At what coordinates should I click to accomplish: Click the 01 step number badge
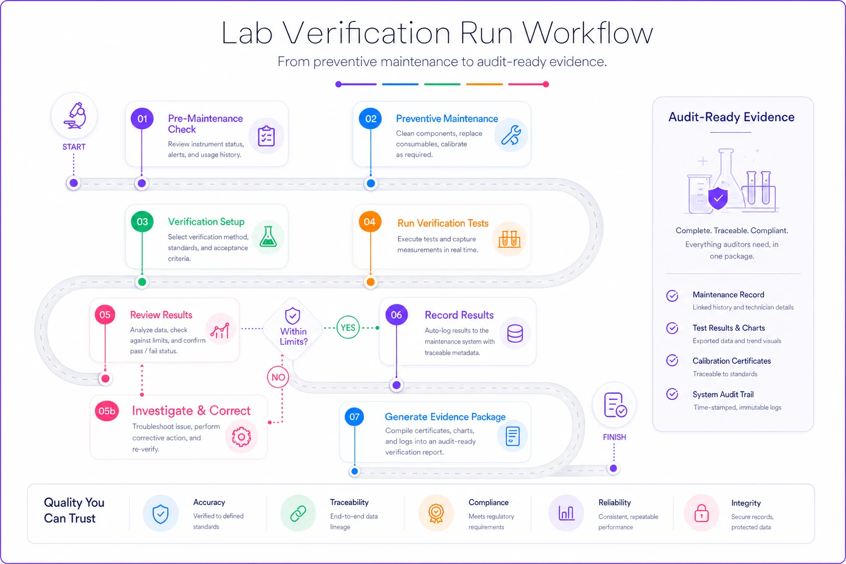pyautogui.click(x=142, y=118)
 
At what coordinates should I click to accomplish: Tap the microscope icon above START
pyautogui.click(x=75, y=115)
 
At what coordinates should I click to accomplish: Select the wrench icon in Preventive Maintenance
pyautogui.click(x=511, y=135)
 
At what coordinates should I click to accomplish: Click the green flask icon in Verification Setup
pyautogui.click(x=268, y=237)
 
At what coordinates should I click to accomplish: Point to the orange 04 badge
pyautogui.click(x=370, y=222)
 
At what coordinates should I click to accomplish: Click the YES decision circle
pyautogui.click(x=348, y=328)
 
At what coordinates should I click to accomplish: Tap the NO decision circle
pyautogui.click(x=278, y=377)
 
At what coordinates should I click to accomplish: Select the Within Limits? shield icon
pyautogui.click(x=292, y=316)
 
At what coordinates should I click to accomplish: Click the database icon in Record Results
pyautogui.click(x=515, y=334)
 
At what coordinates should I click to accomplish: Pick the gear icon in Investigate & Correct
pyautogui.click(x=241, y=437)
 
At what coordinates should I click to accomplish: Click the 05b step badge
pyautogui.click(x=107, y=411)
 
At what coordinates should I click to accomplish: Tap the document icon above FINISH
pyautogui.click(x=615, y=405)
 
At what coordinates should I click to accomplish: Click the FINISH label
pyautogui.click(x=615, y=437)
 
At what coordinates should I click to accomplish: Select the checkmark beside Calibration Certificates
pyautogui.click(x=673, y=360)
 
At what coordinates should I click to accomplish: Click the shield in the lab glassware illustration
pyautogui.click(x=718, y=198)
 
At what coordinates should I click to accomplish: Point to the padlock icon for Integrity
pyautogui.click(x=701, y=513)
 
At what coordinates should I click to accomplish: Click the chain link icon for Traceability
pyautogui.click(x=298, y=513)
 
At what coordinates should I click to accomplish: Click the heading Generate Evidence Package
pyautogui.click(x=445, y=417)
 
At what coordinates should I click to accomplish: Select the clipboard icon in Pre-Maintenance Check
pyautogui.click(x=266, y=136)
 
